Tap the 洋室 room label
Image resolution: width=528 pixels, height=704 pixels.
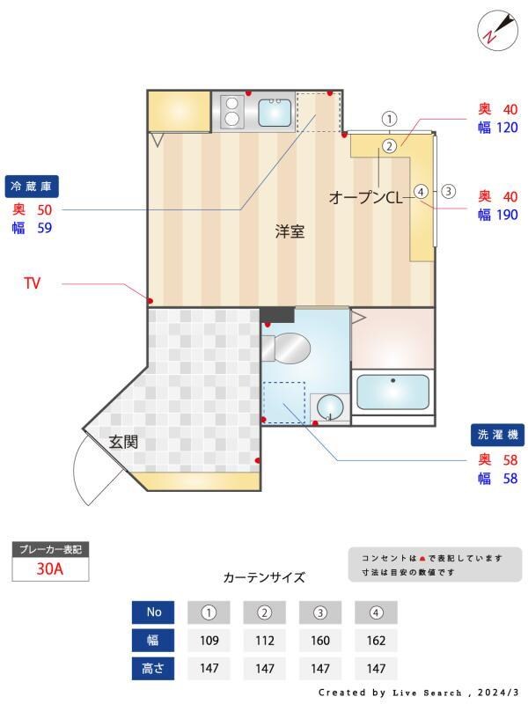290,232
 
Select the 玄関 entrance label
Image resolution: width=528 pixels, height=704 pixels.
123,442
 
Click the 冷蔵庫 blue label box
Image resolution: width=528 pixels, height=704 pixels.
33,187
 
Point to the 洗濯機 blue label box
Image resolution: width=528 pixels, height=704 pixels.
497,435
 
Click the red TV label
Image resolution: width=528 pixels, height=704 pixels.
33,283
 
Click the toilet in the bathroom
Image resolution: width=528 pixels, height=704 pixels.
288,349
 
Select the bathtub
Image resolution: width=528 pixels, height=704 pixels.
392,392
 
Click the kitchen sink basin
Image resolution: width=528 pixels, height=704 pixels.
275,113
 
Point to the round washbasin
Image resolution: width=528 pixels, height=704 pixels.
330,407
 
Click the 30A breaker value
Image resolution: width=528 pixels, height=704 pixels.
49,568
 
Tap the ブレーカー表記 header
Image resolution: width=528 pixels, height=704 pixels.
50,549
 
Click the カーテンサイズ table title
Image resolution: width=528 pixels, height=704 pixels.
264,577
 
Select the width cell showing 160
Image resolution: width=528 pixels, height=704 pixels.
320,641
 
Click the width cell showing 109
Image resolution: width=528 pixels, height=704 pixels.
209,641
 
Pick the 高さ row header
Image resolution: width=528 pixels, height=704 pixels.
153,668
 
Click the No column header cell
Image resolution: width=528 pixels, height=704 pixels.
153,612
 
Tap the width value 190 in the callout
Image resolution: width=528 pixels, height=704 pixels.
507,214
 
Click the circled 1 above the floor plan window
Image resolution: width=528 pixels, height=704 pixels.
391,119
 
